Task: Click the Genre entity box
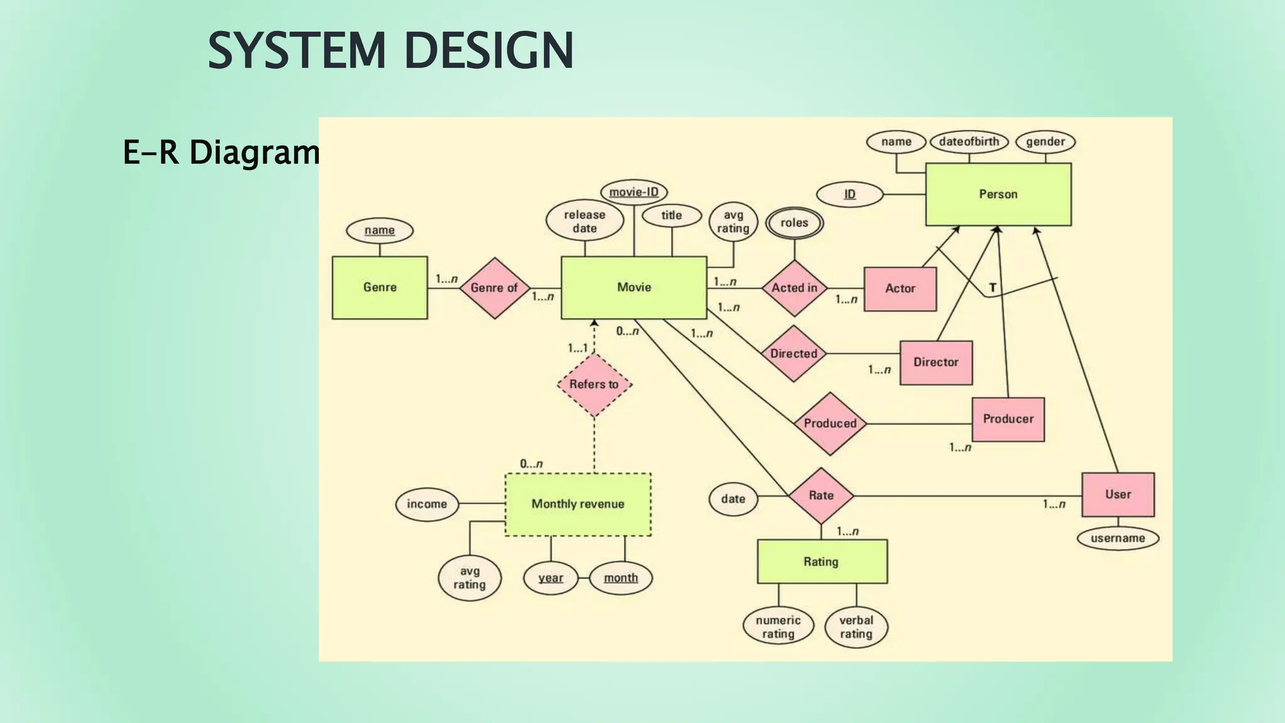click(x=380, y=287)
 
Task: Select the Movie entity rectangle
click(x=634, y=287)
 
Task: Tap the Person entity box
click(x=998, y=195)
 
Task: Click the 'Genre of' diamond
click(x=494, y=288)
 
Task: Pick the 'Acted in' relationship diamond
click(x=794, y=288)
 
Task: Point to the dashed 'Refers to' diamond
click(x=594, y=384)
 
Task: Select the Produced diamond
click(x=830, y=424)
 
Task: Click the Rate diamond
click(x=821, y=496)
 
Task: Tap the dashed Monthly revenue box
click(x=578, y=504)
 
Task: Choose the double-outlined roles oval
click(x=794, y=223)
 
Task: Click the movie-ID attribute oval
click(x=634, y=191)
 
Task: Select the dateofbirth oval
click(x=969, y=142)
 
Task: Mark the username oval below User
click(x=1117, y=538)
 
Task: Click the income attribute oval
click(x=427, y=504)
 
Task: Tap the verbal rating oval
click(x=856, y=627)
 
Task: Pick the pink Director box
click(x=936, y=363)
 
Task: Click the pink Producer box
click(x=1008, y=419)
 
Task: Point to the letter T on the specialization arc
click(x=993, y=288)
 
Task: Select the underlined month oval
click(x=621, y=578)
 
